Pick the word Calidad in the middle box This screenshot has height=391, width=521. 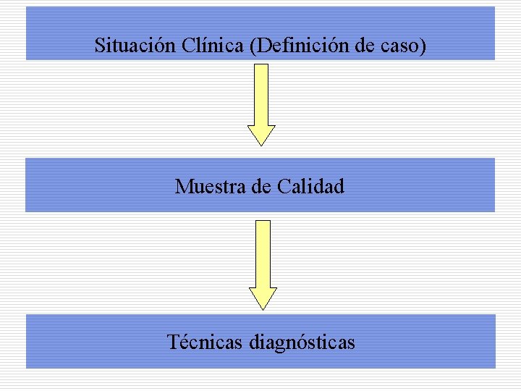pos(310,187)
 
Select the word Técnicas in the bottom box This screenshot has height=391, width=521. pos(205,341)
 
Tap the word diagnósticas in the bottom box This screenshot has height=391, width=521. pos(302,342)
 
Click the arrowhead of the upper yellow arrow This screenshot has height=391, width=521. pos(261,135)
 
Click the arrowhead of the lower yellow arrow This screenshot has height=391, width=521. pos(263,298)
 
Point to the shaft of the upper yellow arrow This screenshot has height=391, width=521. pos(261,94)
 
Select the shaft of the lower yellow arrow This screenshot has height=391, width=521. pos(263,253)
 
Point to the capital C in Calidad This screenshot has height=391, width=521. pos(283,187)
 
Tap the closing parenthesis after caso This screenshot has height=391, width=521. pos(423,46)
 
